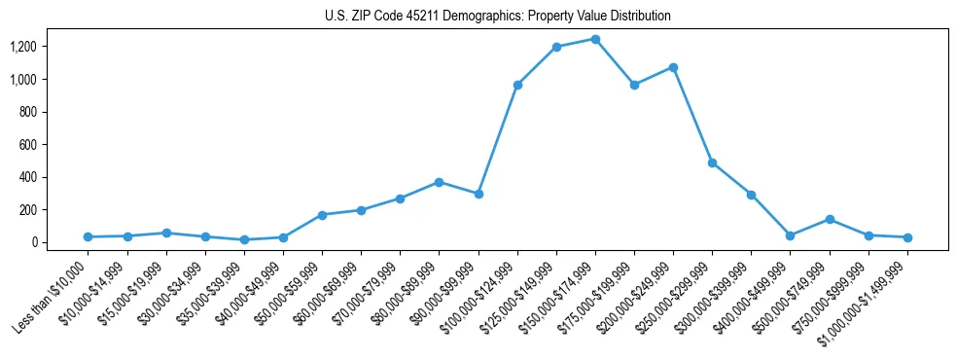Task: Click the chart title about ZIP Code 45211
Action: tap(497, 17)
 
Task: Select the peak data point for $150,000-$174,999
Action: tap(595, 39)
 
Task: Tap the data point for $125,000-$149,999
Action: tap(556, 47)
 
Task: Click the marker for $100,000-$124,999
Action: tap(517, 85)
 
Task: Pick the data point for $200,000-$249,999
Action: tap(673, 67)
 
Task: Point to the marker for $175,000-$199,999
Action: tap(634, 85)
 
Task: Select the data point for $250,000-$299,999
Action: tap(712, 162)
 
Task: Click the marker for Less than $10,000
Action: tap(88, 236)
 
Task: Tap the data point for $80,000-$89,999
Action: tap(439, 182)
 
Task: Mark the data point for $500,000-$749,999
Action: tap(830, 219)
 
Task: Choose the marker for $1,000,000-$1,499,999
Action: tap(907, 237)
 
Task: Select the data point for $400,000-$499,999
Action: tap(791, 235)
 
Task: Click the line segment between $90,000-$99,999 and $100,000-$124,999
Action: tap(498, 139)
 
